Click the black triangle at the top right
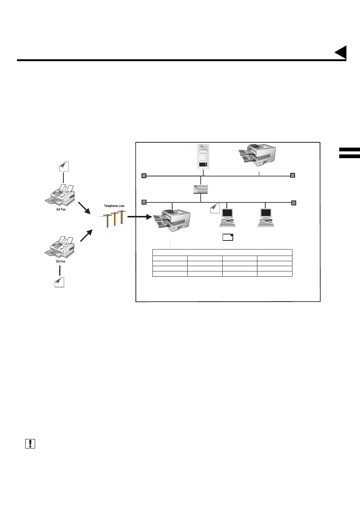click(342, 52)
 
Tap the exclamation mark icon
click(30, 444)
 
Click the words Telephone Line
click(114, 206)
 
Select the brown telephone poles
click(115, 219)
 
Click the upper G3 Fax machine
click(61, 195)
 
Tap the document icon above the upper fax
click(64, 166)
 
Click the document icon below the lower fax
click(59, 282)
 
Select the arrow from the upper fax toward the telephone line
click(84, 208)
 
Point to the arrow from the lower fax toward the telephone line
click(86, 236)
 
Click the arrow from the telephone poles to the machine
click(139, 217)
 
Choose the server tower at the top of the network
click(203, 156)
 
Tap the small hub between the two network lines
click(200, 189)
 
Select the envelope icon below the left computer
click(228, 237)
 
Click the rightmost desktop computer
click(266, 217)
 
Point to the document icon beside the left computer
click(215, 208)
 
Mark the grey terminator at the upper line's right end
click(292, 175)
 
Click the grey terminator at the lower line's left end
click(144, 202)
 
